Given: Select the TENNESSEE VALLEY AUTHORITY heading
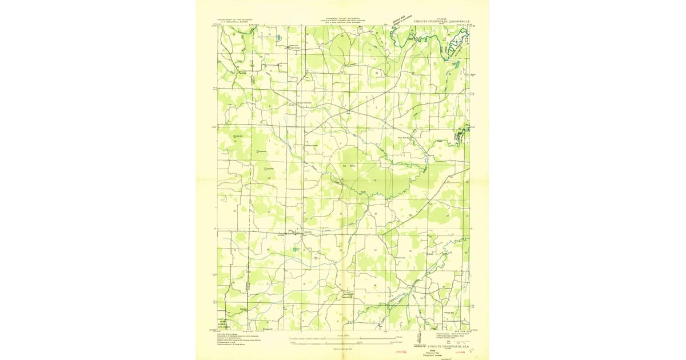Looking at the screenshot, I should pos(343,18).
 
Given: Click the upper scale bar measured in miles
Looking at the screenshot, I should pos(343,337).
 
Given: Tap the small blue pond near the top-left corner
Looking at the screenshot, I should pos(278,38).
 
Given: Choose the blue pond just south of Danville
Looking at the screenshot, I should pos(296,250).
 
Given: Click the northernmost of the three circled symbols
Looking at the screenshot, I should pos(237,136).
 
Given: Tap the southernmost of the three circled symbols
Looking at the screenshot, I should pos(269,169).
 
